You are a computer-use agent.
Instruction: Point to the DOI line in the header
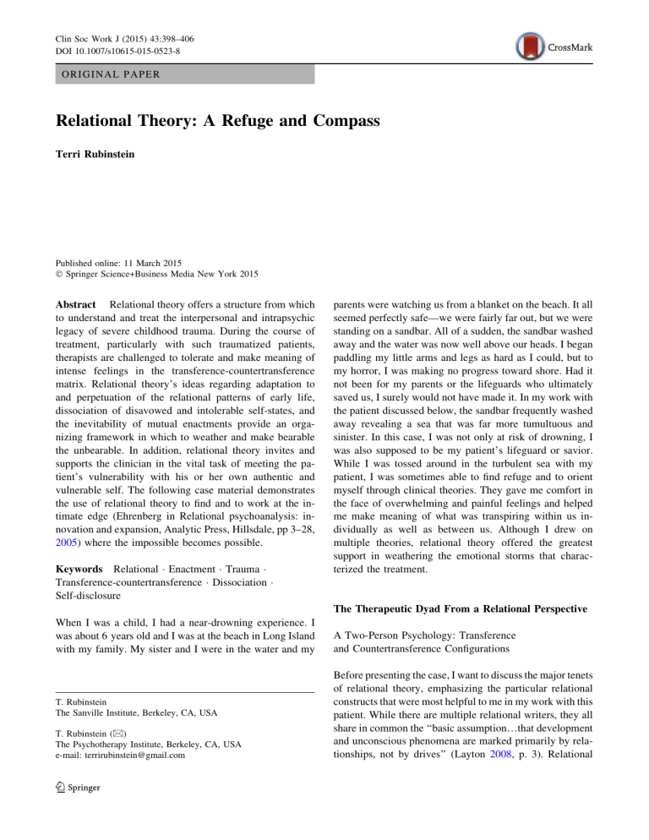(87, 29)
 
